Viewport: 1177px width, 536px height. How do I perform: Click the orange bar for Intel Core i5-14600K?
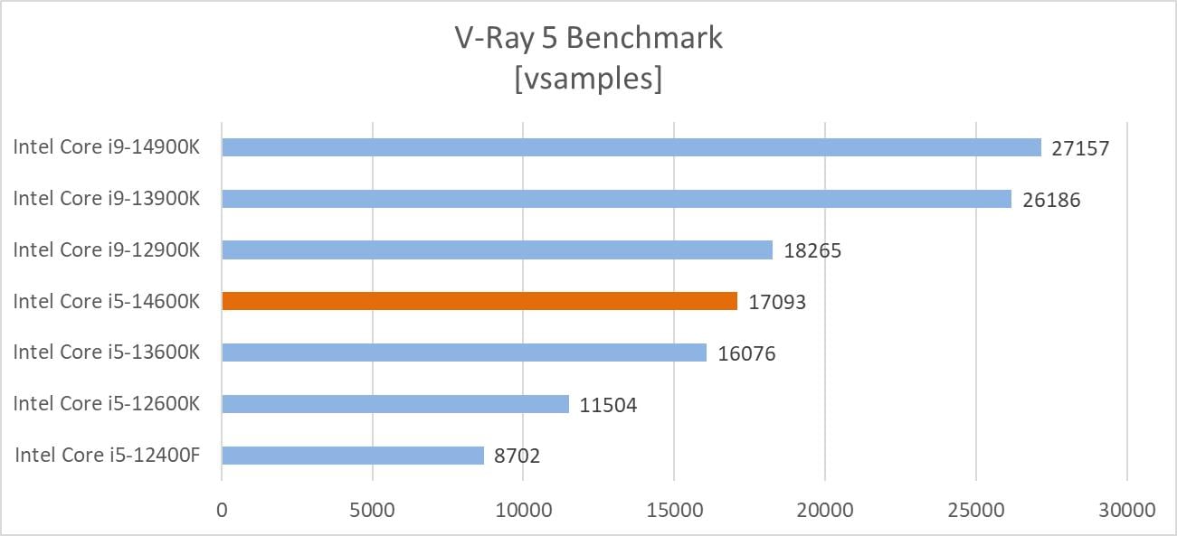[479, 301]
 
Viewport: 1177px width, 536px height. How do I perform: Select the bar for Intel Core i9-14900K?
[631, 147]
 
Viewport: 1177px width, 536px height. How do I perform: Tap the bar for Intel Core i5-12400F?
[353, 456]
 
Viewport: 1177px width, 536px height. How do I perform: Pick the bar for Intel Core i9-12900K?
[497, 250]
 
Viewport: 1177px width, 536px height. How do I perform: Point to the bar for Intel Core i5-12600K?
[395, 404]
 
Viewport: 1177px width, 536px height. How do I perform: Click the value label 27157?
[1080, 148]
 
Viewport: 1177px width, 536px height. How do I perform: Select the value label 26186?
[1051, 200]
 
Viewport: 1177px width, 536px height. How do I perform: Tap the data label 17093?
[777, 302]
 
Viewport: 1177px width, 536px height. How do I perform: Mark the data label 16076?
[746, 353]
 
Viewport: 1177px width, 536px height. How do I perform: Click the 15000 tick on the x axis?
[674, 510]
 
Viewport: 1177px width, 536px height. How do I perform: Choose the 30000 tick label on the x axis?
[1126, 510]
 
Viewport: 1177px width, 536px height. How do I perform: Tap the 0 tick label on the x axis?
[222, 510]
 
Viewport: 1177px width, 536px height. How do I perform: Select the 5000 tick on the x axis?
[372, 510]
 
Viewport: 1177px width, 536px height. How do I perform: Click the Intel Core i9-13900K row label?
[106, 199]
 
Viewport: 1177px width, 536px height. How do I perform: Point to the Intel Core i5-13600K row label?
[106, 353]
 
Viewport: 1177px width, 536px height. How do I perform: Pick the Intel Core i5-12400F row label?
[107, 455]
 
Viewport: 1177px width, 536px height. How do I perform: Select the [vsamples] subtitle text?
[588, 78]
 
